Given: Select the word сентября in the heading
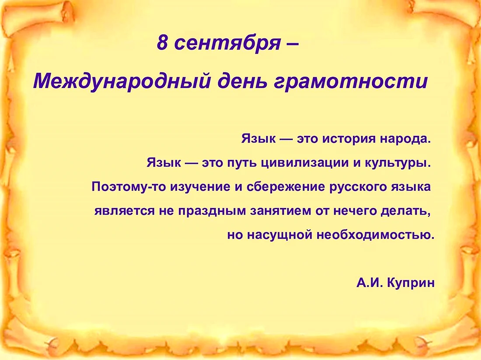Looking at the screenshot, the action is pos(227,44).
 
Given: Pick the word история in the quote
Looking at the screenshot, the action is pos(348,139).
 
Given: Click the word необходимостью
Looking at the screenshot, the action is pos(376,235).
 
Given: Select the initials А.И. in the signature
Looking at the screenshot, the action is pos(369,283).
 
